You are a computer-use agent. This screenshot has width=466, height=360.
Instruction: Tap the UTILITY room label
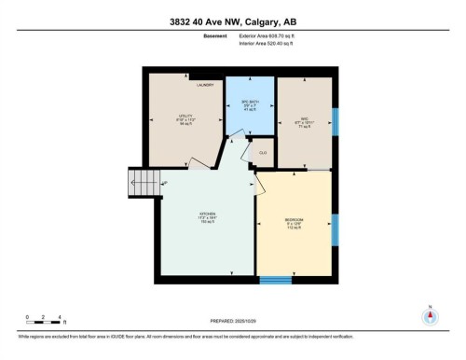[186, 118]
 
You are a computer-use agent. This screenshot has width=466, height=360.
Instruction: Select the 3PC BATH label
[250, 103]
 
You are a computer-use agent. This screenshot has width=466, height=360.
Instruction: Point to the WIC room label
[305, 118]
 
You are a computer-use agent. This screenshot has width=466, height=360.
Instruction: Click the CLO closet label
[264, 151]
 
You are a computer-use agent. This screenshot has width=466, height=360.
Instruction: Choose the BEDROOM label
[294, 220]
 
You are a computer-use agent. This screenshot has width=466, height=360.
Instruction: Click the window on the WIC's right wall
[336, 120]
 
